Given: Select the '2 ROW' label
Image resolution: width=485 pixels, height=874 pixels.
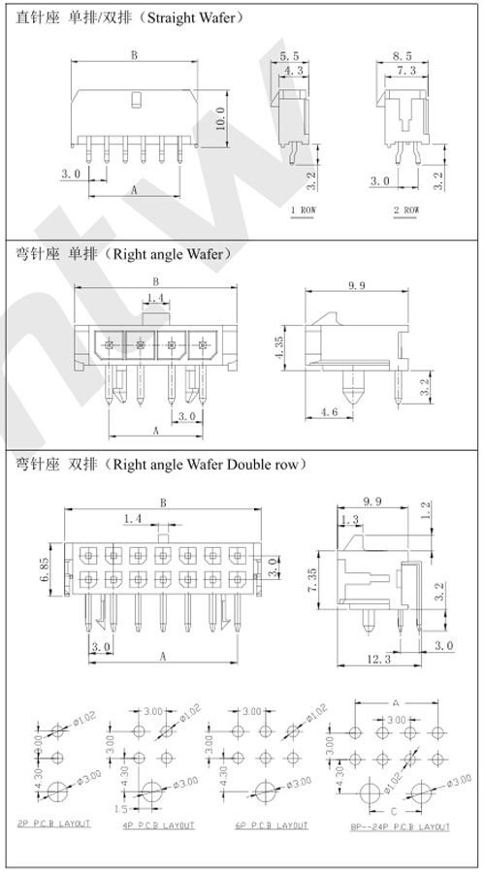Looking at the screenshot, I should point(405,209).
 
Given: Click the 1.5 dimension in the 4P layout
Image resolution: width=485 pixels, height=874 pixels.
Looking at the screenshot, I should point(119,807).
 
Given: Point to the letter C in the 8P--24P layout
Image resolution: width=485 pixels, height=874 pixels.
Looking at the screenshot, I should point(396,808).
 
